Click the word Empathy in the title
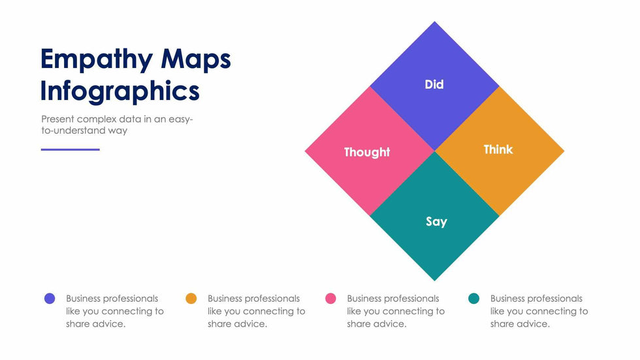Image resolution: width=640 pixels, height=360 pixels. coord(97,59)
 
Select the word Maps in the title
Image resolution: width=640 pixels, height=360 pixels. coord(196,59)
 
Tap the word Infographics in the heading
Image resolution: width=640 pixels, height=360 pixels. coord(120,91)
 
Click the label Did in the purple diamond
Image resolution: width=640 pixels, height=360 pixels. coord(434,84)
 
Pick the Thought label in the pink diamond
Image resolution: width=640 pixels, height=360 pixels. coord(367,152)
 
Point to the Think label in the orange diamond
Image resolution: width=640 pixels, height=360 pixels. coord(498,150)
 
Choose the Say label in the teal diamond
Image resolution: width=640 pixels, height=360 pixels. coord(436,221)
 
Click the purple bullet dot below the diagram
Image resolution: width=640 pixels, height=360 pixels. coord(50,299)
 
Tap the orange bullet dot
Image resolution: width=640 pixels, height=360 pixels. coord(191,299)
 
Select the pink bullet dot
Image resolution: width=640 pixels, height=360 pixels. coord(330,299)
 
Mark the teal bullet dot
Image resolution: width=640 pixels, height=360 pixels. coord(474,299)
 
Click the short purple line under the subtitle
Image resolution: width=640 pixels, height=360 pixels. coord(71,150)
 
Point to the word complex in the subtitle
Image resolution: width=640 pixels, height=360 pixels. coord(96,120)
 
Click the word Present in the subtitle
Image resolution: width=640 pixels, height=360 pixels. coord(57,119)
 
